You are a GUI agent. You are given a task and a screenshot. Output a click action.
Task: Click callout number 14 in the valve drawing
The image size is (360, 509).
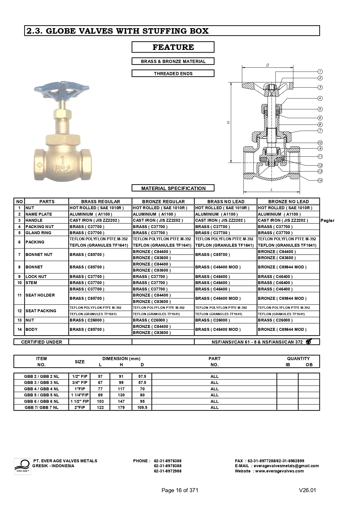(320, 180)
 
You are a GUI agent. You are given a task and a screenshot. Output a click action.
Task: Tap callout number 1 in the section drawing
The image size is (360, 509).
(320, 71)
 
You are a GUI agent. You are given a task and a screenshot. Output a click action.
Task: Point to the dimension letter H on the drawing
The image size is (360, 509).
(229, 122)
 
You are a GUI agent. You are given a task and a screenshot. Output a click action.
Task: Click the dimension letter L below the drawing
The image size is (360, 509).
(272, 189)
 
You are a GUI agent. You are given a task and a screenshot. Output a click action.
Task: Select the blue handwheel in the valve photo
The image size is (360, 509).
(61, 91)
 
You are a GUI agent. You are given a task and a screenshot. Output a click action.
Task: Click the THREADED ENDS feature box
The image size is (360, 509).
(173, 73)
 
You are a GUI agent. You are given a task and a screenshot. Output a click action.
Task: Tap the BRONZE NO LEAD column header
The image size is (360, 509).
(288, 201)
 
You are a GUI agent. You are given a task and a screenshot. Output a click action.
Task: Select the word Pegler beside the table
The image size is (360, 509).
(327, 221)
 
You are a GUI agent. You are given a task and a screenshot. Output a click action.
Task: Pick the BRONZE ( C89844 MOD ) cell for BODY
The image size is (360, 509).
(282, 329)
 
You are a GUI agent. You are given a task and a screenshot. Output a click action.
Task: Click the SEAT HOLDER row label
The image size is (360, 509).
(40, 295)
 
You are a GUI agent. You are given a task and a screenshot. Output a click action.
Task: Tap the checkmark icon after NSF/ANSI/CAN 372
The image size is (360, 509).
(308, 342)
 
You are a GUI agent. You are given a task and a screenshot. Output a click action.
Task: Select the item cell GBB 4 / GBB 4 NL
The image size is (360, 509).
(41, 389)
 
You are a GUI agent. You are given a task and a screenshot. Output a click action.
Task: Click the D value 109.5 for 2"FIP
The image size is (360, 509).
(142, 407)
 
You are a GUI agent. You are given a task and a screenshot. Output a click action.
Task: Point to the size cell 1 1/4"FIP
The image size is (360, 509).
(79, 395)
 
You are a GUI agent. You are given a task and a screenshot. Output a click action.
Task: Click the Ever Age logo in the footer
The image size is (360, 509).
(22, 466)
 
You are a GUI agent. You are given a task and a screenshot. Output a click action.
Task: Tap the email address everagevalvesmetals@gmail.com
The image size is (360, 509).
(286, 466)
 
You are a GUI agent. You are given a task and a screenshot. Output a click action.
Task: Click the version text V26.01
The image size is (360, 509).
(307, 490)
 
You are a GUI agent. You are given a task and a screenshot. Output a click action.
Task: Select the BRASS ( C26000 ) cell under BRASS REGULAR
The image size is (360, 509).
(87, 320)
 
